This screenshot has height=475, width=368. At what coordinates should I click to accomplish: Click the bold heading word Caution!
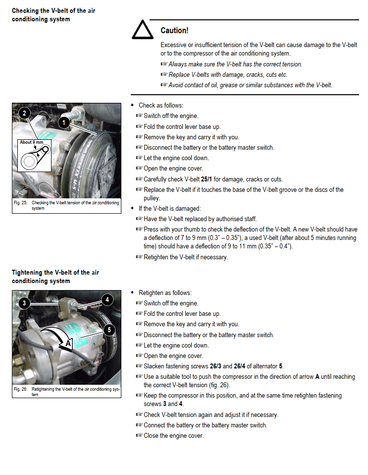point(174,31)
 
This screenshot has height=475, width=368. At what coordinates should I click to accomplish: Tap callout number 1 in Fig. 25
point(64,121)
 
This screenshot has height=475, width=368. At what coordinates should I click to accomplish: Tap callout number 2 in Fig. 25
point(23,113)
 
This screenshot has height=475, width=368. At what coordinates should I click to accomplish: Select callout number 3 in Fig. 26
point(23,302)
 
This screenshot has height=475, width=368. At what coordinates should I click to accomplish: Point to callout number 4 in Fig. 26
point(107,299)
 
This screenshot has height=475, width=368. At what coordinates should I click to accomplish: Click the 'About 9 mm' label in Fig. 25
point(32,142)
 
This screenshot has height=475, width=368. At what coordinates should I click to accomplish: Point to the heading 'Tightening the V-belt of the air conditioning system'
point(55,277)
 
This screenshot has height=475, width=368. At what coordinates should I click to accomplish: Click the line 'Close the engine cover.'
point(173,435)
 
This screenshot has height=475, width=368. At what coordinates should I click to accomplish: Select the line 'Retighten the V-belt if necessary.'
point(185,257)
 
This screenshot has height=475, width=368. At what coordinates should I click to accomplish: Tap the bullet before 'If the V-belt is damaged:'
point(132,208)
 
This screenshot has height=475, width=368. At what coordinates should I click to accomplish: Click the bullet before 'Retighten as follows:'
point(132,293)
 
